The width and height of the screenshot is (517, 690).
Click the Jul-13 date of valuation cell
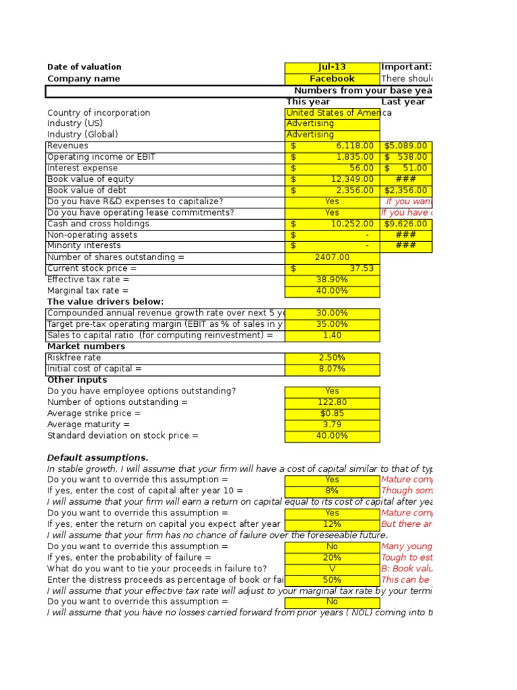coord(332,67)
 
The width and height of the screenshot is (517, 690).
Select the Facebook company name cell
coord(332,79)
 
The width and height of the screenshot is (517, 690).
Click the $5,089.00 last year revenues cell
coord(406,146)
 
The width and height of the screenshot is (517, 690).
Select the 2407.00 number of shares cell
coord(332,257)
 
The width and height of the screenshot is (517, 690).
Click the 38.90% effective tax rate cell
coord(332,280)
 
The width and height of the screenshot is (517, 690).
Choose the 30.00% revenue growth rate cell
coord(332,313)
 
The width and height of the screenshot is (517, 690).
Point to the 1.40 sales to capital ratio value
coord(332,335)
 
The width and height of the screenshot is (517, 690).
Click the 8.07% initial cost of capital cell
coord(332,369)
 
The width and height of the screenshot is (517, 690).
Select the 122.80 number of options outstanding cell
coord(332,402)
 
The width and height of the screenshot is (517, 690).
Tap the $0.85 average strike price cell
coord(332,413)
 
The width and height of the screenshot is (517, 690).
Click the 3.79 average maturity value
coord(332,425)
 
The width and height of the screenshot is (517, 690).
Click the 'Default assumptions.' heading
coord(98,458)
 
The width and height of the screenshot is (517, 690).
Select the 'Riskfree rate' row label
coord(74,358)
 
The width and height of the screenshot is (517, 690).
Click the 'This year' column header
coord(308,102)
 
